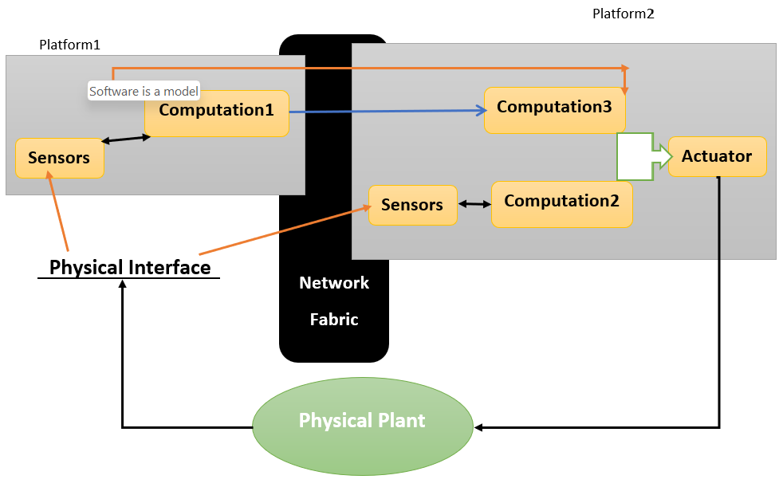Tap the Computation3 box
[554, 109]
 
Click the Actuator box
[716, 156]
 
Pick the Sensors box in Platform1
[59, 158]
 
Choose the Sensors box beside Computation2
[412, 205]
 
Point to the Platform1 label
[69, 45]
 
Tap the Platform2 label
[623, 14]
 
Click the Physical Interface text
[130, 267]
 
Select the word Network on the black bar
[334, 283]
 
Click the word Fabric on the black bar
[334, 320]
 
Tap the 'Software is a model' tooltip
[144, 91]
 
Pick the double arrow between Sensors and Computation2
[474, 204]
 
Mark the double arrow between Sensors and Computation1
[126, 139]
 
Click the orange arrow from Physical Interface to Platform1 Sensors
[58, 212]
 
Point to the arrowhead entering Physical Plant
[478, 428]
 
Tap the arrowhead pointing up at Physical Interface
[122, 285]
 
